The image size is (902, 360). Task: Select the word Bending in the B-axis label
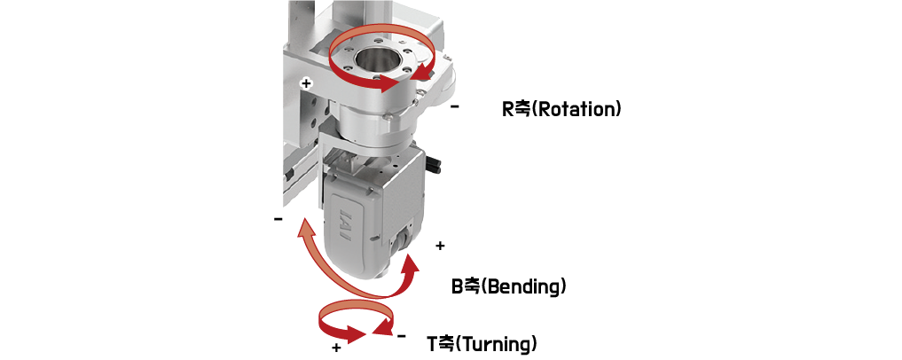point(523,286)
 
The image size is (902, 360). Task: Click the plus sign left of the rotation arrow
point(307,83)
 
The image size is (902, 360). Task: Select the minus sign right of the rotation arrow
point(455,106)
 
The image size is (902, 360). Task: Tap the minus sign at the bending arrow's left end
point(278,219)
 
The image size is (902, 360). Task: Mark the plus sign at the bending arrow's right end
point(440,247)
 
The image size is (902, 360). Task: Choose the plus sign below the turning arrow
point(336,348)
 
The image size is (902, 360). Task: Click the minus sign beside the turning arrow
point(402,336)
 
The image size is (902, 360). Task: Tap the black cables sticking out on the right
point(435,163)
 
